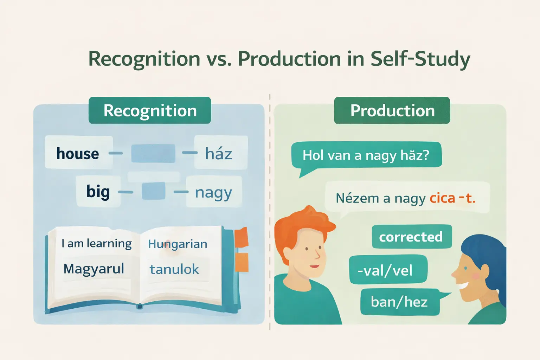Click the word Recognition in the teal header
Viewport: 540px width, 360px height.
150,111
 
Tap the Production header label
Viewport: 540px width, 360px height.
392,111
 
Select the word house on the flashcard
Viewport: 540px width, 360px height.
78,154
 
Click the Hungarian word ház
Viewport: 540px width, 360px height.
219,154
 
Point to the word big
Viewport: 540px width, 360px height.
98,192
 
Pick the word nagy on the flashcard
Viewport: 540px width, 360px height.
213,193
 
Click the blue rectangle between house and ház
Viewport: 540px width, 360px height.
153,153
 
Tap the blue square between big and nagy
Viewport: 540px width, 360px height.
153,191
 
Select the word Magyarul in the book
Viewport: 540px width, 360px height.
94,269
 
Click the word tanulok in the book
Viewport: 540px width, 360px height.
174,269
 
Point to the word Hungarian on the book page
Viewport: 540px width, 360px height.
178,244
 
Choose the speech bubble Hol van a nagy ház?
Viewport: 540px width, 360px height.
366,155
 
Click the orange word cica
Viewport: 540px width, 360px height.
442,198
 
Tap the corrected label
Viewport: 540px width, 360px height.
411,237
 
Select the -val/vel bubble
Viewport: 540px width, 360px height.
385,270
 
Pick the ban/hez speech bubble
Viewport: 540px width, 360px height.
399,302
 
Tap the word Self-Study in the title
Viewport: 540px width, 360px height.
420,59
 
